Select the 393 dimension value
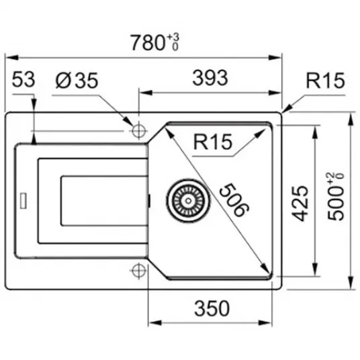[x=210, y=78]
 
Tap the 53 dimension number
[x=24, y=79]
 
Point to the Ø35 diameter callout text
[x=77, y=81]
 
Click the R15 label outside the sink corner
[x=326, y=81]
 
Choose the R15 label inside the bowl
[x=213, y=142]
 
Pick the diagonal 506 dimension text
[x=234, y=199]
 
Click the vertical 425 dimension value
[x=300, y=204]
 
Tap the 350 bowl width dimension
[x=212, y=308]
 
